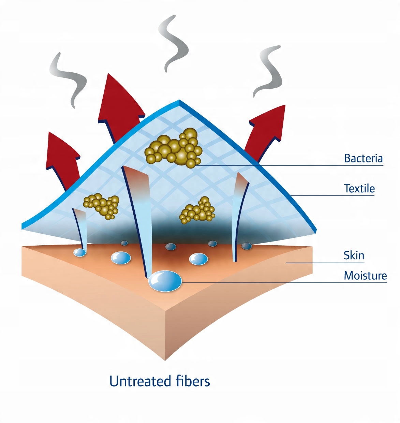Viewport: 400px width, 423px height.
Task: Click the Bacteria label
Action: click(x=363, y=159)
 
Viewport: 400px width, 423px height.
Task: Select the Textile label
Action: click(x=359, y=189)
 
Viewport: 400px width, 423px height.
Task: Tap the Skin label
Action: click(x=354, y=256)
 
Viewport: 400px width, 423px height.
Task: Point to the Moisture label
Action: click(x=365, y=276)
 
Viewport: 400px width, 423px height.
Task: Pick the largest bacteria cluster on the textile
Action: click(x=174, y=148)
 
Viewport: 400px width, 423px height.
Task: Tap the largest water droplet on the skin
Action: click(x=165, y=281)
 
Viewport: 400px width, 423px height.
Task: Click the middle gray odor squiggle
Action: click(x=174, y=43)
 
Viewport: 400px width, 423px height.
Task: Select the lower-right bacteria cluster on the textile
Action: click(x=197, y=210)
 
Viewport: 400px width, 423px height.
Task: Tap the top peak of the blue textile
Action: click(x=179, y=100)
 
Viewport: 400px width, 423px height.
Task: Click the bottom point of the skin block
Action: click(x=165, y=361)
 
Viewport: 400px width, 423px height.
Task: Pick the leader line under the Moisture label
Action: click(x=284, y=282)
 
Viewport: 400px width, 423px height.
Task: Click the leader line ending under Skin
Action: click(x=325, y=263)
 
